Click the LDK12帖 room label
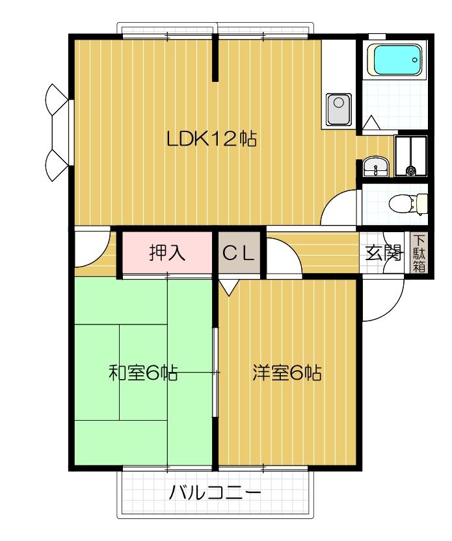click(211, 139)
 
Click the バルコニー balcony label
click(215, 492)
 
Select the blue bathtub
click(395, 60)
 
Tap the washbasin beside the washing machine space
click(375, 168)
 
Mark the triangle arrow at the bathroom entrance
click(372, 123)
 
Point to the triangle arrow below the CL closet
click(228, 285)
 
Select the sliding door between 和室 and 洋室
click(215, 373)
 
